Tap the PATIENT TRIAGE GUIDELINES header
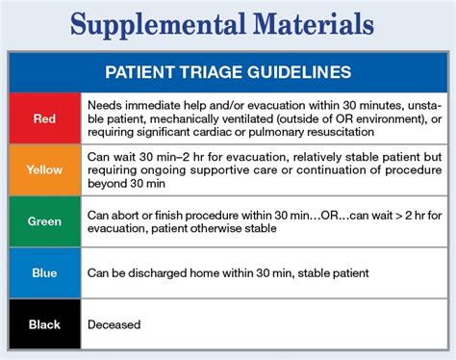(227, 72)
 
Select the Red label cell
(44, 120)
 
